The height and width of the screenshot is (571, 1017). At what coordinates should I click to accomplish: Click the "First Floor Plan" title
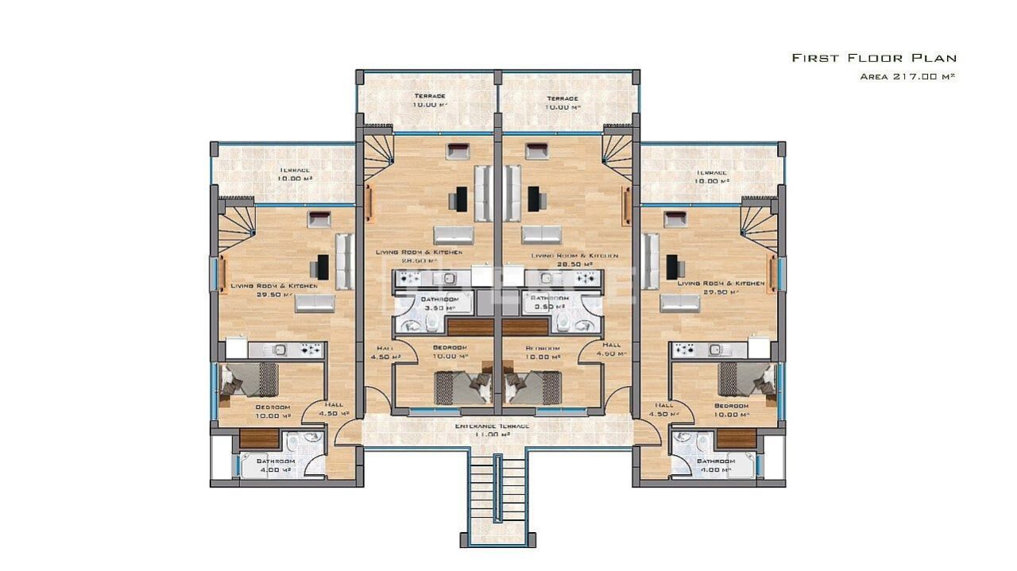tap(874, 58)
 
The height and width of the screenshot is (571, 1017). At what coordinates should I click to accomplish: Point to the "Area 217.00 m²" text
tap(907, 77)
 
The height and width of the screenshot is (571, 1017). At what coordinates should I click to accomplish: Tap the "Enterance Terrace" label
tap(492, 426)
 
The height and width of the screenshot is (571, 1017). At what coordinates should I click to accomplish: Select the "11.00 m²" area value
tap(493, 435)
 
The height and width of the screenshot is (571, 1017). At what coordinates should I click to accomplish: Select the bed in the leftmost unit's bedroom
tap(249, 380)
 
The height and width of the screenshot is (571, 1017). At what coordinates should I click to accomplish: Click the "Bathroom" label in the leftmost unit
tap(275, 461)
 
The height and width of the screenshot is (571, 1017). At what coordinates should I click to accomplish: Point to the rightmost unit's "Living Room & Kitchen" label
tap(721, 284)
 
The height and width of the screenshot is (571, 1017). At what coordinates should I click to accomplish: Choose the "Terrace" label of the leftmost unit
tap(294, 170)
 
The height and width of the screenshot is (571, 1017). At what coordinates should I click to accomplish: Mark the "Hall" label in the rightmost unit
tap(664, 404)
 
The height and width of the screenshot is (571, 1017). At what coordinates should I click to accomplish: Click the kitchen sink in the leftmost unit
tap(280, 349)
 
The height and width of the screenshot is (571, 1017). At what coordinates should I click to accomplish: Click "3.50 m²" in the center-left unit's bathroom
tap(438, 307)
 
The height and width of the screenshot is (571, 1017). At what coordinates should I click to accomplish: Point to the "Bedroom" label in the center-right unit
tap(543, 348)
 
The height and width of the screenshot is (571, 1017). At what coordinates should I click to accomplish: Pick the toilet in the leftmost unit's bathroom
tap(292, 442)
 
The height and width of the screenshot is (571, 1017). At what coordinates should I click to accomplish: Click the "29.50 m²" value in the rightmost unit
tap(721, 292)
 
